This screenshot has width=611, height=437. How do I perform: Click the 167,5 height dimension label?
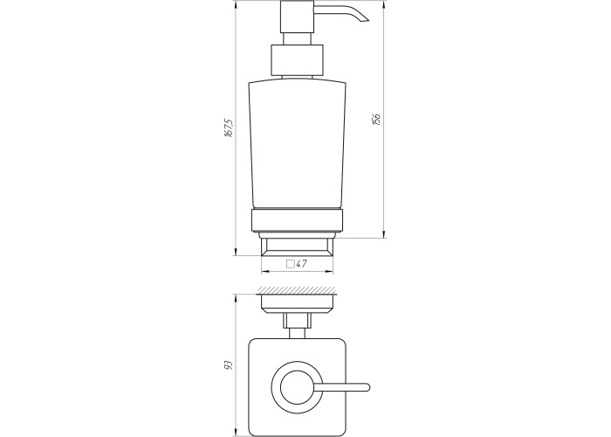229,128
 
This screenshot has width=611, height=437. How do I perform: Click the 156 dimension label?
376,120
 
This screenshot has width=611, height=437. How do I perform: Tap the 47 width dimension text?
301,264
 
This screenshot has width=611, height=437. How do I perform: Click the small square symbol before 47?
291,264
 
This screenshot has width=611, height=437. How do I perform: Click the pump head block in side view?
297,17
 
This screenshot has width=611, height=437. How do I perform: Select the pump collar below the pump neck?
298,60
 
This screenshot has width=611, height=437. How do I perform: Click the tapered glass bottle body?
297,144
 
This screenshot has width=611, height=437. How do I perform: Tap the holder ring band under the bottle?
297,221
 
